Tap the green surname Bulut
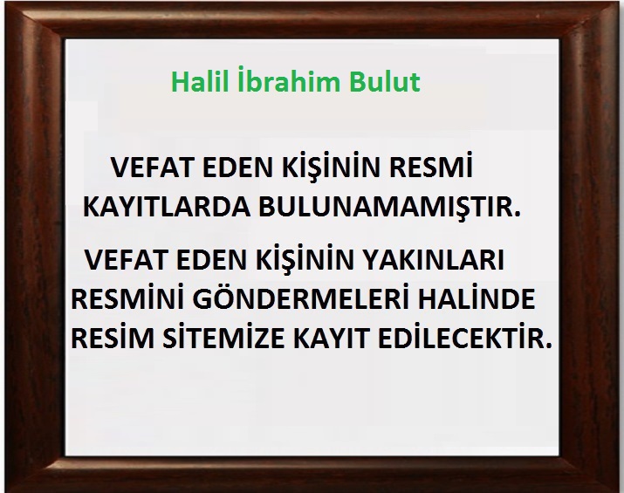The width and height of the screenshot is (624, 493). pos(385,81)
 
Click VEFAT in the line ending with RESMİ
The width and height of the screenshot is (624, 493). pos(153,168)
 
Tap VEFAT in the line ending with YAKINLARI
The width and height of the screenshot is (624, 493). pos(127,259)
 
